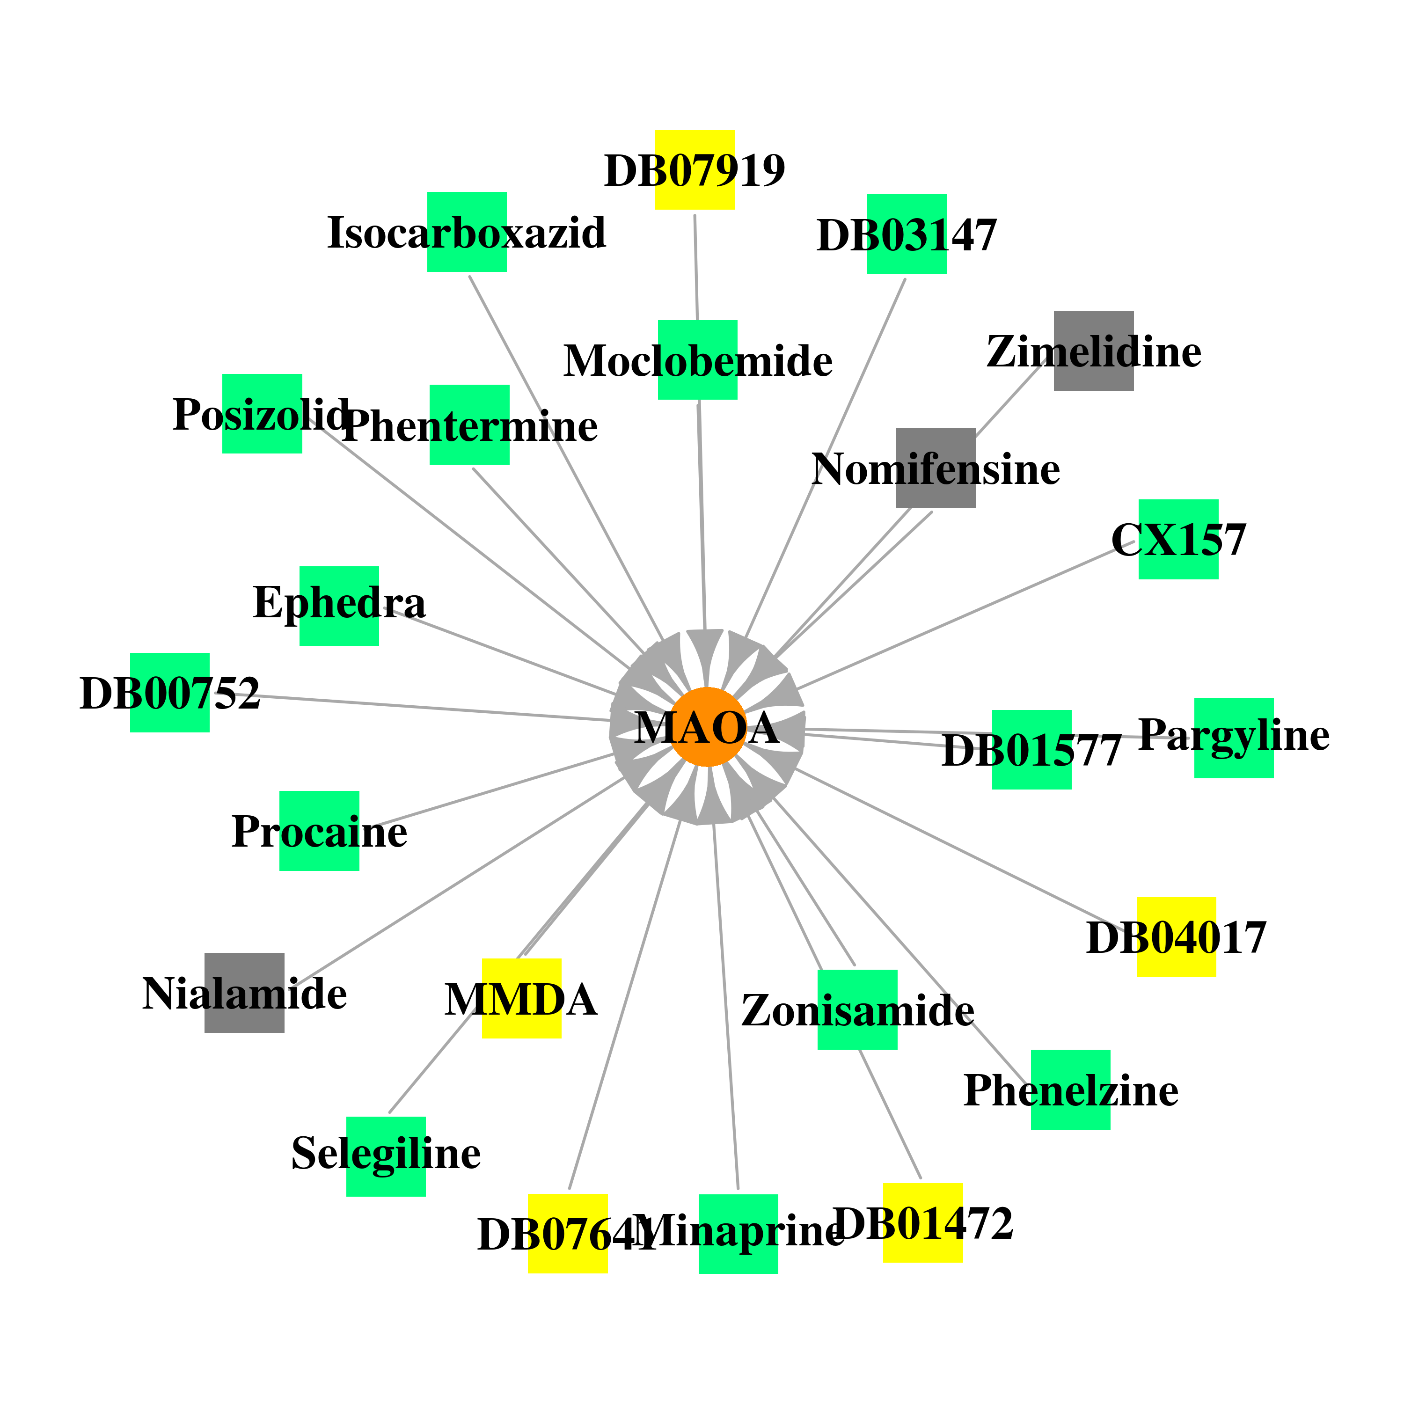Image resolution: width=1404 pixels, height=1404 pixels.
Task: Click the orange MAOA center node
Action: tap(707, 727)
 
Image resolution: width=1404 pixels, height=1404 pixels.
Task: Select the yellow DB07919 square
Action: tap(695, 170)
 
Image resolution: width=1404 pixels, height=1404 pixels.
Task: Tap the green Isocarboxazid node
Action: tap(467, 232)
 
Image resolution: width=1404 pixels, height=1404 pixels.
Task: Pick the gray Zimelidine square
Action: tap(1094, 351)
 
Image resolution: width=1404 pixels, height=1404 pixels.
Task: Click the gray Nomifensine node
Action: tap(935, 468)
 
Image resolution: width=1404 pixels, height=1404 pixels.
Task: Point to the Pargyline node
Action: tap(1234, 739)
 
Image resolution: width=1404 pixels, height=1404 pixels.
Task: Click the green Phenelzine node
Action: tap(1070, 1090)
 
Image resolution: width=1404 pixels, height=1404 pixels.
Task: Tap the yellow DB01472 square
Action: tap(923, 1223)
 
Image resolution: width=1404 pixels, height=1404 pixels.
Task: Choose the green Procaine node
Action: tap(319, 831)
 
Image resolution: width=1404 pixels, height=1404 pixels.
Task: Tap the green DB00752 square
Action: tap(170, 693)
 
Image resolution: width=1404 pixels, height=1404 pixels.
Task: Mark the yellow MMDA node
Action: tap(522, 999)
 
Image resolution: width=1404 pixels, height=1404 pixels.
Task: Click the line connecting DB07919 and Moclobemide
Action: tap(696, 267)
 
